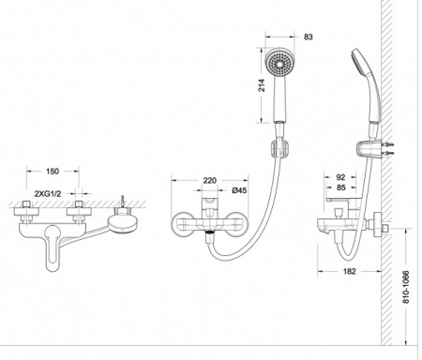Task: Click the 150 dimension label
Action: [53, 171]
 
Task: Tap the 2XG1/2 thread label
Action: [48, 194]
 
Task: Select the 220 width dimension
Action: [210, 180]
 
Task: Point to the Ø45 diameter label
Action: [239, 190]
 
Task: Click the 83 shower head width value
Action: [308, 37]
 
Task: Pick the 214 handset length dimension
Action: [262, 85]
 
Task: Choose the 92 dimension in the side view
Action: [340, 177]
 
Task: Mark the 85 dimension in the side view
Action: [341, 187]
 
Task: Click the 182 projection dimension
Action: [349, 271]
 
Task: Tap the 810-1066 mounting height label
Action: [405, 287]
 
